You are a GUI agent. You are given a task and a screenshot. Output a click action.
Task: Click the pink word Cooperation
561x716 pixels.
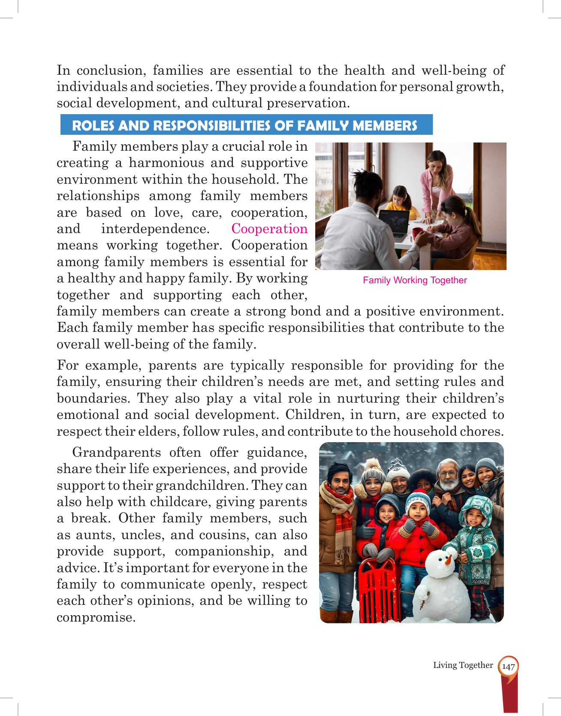(269, 229)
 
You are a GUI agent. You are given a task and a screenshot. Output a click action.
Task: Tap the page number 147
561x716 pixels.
(508, 667)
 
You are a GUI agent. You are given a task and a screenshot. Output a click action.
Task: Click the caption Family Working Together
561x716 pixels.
(414, 280)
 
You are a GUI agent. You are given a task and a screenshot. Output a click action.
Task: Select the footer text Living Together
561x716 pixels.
(463, 665)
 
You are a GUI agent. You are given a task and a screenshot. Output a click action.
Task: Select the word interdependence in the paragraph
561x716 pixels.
(155, 229)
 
